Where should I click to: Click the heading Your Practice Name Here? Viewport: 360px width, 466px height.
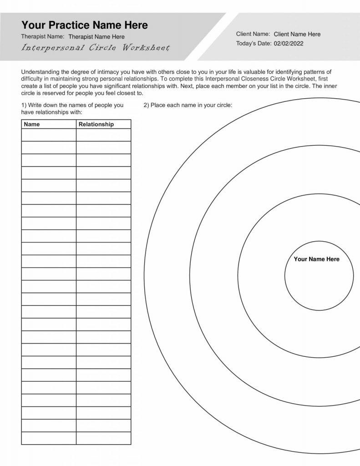(x=85, y=25)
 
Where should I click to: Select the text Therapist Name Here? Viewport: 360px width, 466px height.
(x=96, y=36)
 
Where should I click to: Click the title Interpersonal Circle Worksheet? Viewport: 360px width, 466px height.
(x=95, y=48)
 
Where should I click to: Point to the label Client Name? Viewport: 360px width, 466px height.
(x=253, y=34)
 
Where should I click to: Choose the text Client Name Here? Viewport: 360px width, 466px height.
(x=297, y=34)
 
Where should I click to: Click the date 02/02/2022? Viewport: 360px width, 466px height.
(x=288, y=44)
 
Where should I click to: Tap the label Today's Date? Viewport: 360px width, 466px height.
(x=253, y=44)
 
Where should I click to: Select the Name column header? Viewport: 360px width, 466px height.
(x=32, y=124)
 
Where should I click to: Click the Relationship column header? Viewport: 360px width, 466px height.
(x=96, y=124)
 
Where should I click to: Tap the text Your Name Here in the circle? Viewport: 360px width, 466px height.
(x=317, y=259)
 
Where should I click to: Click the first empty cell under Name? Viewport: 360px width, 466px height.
(x=49, y=135)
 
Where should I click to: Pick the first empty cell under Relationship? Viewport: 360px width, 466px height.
(x=103, y=135)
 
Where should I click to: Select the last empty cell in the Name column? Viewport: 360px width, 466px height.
(x=49, y=438)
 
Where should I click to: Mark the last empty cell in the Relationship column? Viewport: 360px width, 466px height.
(x=103, y=438)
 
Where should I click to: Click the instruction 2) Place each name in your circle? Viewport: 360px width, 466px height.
(x=188, y=105)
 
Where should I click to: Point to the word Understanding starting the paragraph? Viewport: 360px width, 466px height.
(x=40, y=72)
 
